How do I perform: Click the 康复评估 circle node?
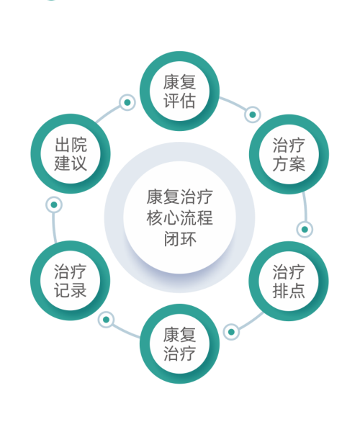pyautogui.click(x=179, y=91)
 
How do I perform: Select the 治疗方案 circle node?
pyautogui.click(x=289, y=154)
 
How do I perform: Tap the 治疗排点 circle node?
pyautogui.click(x=289, y=281)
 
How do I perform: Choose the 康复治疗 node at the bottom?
pyautogui.click(x=179, y=344)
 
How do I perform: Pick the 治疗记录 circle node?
pyautogui.click(x=71, y=281)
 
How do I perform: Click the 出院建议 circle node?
pyautogui.click(x=71, y=154)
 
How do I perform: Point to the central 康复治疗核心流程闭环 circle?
pyautogui.click(x=179, y=217)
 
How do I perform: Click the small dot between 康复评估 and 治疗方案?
pyautogui.click(x=252, y=114)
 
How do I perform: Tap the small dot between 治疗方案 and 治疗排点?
pyautogui.click(x=305, y=229)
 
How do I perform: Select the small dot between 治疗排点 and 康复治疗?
pyautogui.click(x=231, y=332)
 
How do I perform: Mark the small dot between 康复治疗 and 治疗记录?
pyautogui.click(x=106, y=320)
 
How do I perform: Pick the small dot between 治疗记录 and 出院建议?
pyautogui.click(x=54, y=204)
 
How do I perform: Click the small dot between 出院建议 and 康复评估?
pyautogui.click(x=127, y=102)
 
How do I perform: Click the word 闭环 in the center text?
pyautogui.click(x=180, y=239)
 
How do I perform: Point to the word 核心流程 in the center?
pyautogui.click(x=179, y=218)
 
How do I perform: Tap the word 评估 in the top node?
pyautogui.click(x=179, y=101)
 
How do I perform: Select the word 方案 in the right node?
pyautogui.click(x=289, y=163)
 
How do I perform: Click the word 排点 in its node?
pyautogui.click(x=289, y=290)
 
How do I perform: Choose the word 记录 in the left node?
pyautogui.click(x=71, y=290)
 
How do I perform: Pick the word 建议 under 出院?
pyautogui.click(x=71, y=163)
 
